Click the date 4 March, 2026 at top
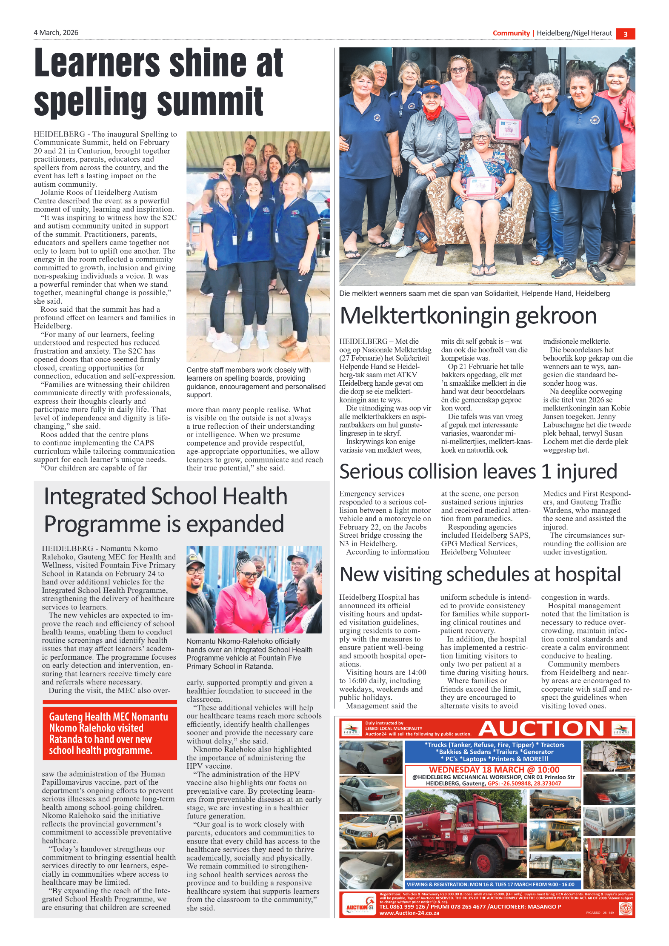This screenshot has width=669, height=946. [x=56, y=33]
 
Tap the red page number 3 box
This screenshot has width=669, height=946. [x=625, y=34]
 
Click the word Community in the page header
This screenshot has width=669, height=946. [x=511, y=33]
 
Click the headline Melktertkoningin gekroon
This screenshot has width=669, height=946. [x=468, y=316]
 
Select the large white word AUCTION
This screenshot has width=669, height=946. [x=541, y=729]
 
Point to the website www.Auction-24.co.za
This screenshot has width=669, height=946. [x=409, y=913]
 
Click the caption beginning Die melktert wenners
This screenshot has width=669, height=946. [x=474, y=293]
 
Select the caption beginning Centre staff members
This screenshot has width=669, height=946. [x=256, y=382]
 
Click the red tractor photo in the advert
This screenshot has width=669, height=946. [x=609, y=863]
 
